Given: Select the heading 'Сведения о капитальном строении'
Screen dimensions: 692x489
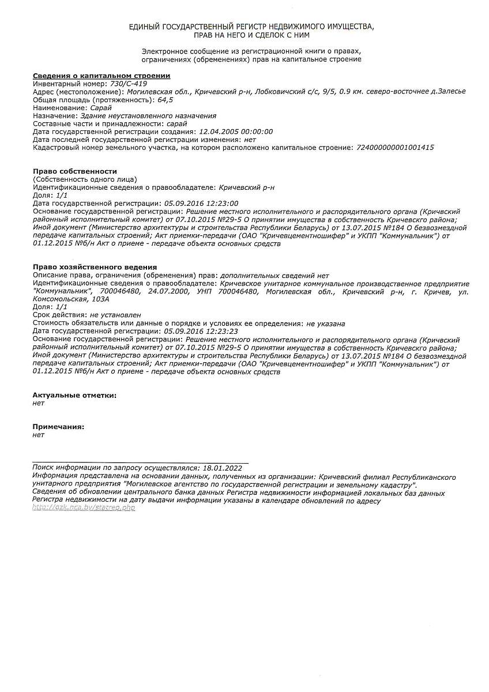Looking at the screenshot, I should coord(101,76).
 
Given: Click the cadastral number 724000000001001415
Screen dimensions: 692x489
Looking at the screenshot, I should coord(395,148).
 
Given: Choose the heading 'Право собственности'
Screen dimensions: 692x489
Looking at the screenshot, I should coord(75,171).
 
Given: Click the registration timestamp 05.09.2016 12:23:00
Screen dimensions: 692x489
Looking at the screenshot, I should coord(201,203).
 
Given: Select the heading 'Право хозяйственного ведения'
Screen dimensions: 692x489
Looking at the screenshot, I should coord(95,267).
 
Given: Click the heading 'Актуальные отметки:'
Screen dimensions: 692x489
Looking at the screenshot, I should coord(74,395).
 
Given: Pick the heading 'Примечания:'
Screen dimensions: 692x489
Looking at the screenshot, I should coord(58,427).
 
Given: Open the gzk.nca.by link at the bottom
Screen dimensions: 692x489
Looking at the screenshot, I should coord(84,508).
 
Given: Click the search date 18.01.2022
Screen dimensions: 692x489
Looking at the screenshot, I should coord(222,468).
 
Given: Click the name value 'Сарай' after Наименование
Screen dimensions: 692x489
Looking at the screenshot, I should coord(101,108).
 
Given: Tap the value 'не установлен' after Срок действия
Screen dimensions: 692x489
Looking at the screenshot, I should coord(115,315).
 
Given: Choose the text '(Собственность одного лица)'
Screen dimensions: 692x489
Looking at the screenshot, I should coord(85,179).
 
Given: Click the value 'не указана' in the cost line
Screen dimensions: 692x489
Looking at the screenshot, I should coord(326,324).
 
